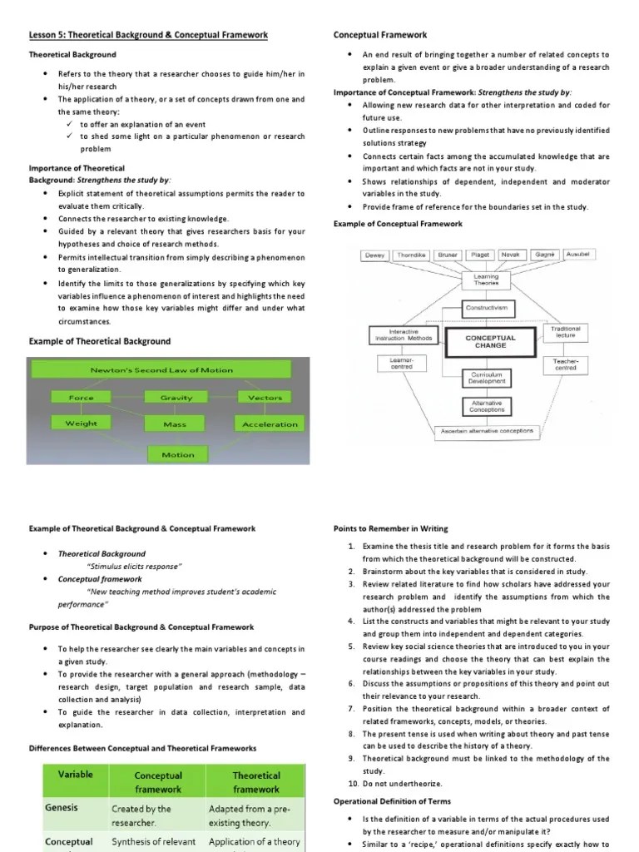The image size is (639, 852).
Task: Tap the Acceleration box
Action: (x=270, y=424)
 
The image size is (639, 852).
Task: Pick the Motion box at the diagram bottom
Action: (x=178, y=454)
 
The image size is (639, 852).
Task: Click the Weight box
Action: (x=82, y=424)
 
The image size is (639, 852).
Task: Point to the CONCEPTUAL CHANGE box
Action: (x=490, y=341)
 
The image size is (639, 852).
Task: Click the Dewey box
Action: (x=375, y=255)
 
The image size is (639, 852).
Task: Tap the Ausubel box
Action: (x=579, y=254)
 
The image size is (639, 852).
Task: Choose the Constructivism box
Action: (x=491, y=309)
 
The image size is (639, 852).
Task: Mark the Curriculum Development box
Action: (x=487, y=379)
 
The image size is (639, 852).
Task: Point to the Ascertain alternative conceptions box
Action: (x=488, y=431)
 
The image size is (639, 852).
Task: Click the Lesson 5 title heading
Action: (x=149, y=34)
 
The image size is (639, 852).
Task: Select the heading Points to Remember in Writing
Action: (x=390, y=528)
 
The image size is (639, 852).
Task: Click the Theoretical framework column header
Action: (x=256, y=781)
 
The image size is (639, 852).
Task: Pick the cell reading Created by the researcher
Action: (x=141, y=815)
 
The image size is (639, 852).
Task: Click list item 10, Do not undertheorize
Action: (x=395, y=784)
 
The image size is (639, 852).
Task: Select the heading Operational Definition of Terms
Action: (x=393, y=801)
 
